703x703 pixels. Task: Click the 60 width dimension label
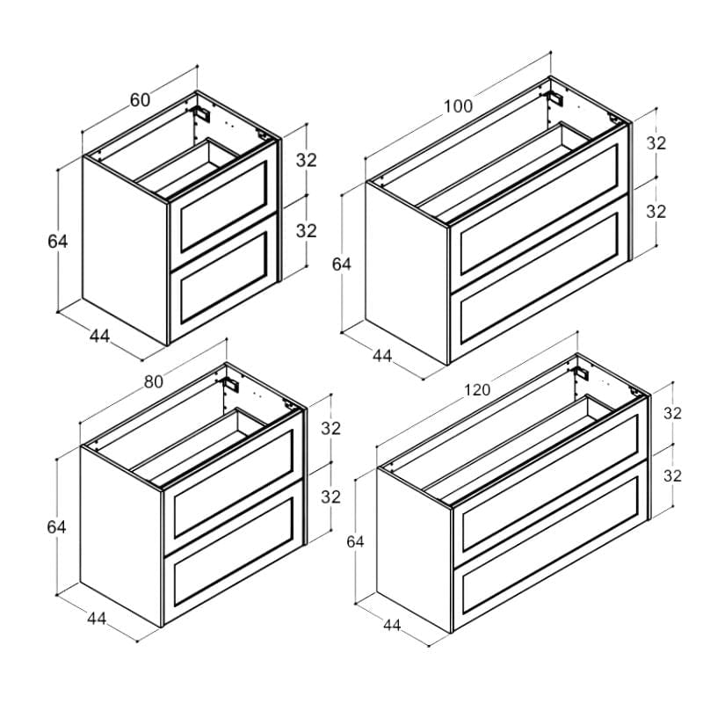(x=140, y=100)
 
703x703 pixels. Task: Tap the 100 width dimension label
(x=458, y=106)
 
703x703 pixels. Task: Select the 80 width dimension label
(x=153, y=381)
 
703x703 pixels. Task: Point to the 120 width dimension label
(x=477, y=390)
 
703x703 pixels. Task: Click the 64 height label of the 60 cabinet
(x=58, y=241)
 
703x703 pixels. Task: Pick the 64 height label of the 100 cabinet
(x=342, y=265)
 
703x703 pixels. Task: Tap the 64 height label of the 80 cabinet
(x=56, y=526)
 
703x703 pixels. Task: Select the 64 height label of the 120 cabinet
(x=355, y=542)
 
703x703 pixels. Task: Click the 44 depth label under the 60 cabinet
(x=99, y=336)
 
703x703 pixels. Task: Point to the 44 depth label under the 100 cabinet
(x=382, y=356)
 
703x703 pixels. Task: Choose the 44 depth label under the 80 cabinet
(x=97, y=619)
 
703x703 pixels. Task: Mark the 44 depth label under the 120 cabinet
(x=392, y=625)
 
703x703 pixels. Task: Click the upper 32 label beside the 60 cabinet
(x=306, y=160)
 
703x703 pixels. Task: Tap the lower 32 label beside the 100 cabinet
(x=656, y=212)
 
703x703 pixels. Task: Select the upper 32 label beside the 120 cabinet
(x=672, y=413)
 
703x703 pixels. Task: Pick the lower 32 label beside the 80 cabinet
(x=331, y=496)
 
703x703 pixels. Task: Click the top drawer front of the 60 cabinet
(x=223, y=206)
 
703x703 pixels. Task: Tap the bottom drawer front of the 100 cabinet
(x=540, y=278)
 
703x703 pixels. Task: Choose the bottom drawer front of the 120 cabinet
(x=551, y=545)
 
